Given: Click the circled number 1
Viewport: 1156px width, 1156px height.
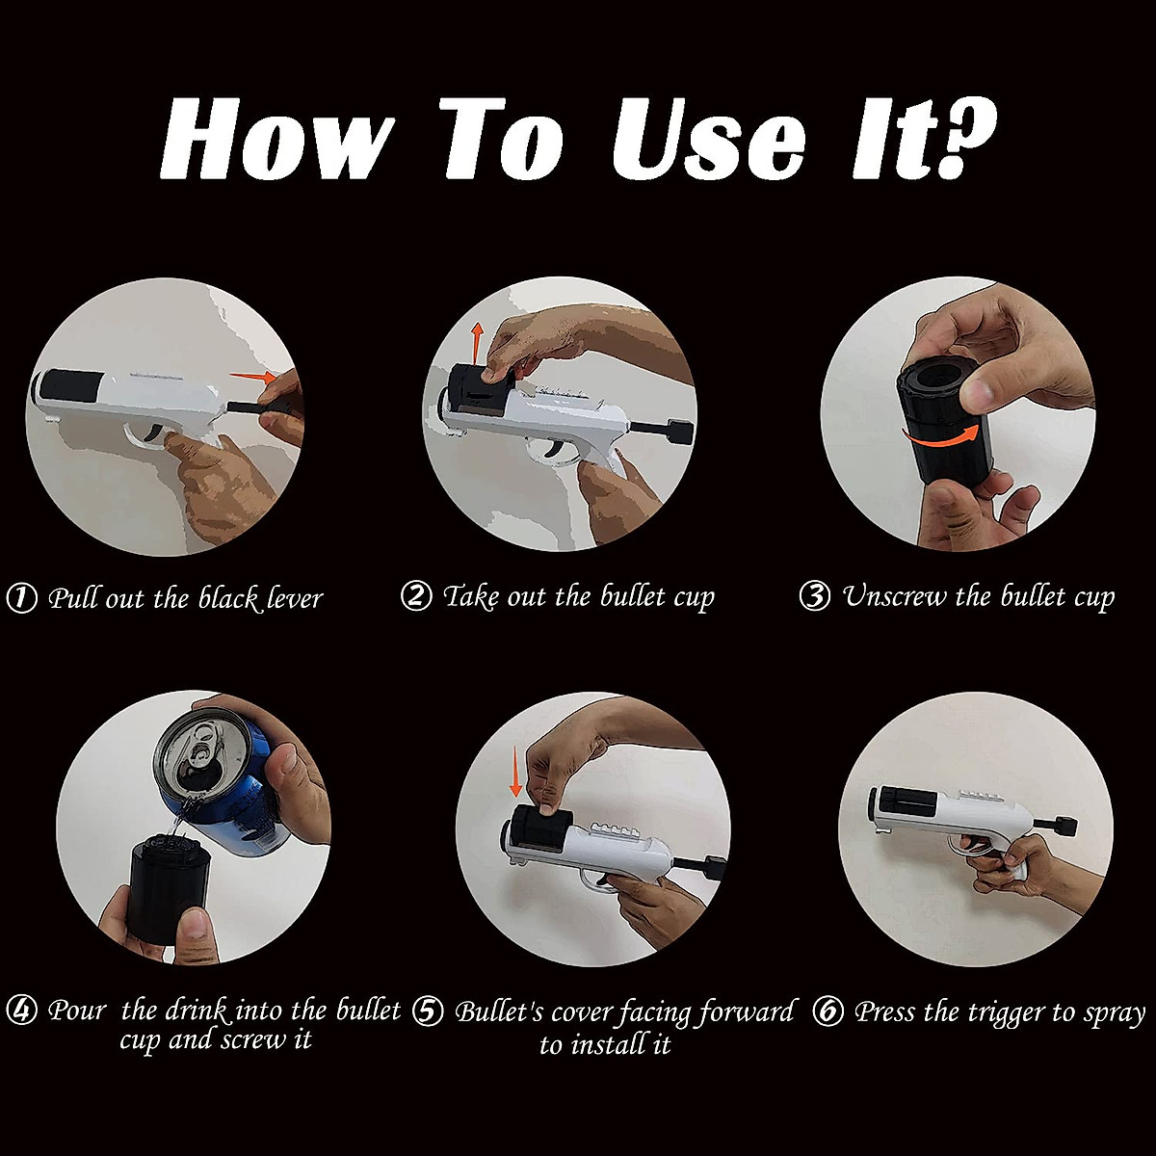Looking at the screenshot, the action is click(x=22, y=598).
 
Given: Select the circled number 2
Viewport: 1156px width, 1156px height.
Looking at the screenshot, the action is click(x=416, y=597).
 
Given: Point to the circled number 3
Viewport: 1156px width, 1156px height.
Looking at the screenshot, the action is click(x=815, y=596).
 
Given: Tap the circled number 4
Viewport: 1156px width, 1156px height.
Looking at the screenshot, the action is click(x=22, y=1011).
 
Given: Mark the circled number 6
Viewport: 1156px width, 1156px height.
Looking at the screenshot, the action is click(x=828, y=1011).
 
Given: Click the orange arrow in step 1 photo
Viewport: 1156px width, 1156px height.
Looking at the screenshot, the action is click(x=253, y=377).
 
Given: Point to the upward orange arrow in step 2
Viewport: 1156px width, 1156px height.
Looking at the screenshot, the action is click(x=477, y=343).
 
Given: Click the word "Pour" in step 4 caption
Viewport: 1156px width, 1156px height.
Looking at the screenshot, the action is click(x=77, y=1011).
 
